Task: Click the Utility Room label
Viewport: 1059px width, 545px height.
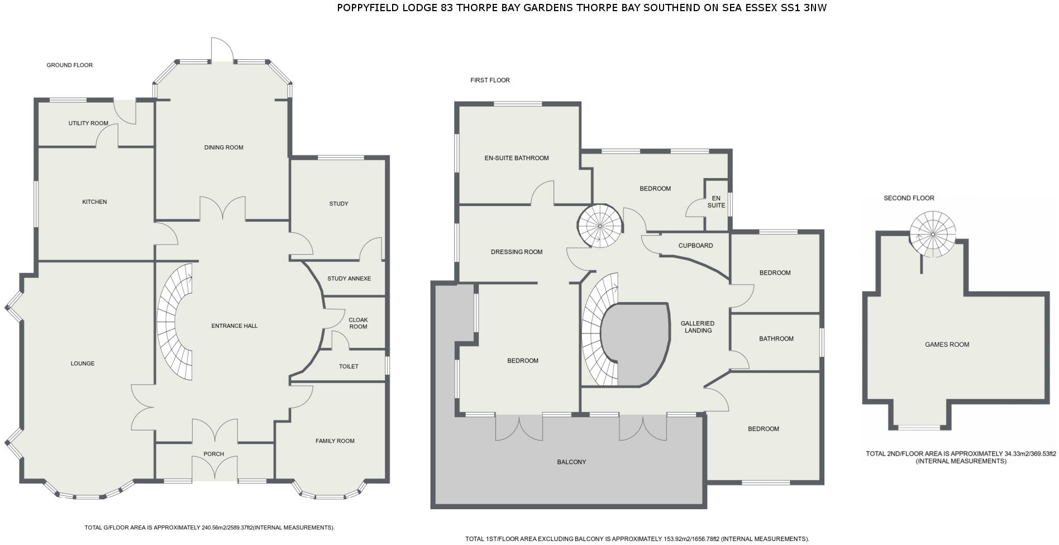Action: pyautogui.click(x=88, y=123)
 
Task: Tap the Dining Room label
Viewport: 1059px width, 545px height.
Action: pyautogui.click(x=223, y=147)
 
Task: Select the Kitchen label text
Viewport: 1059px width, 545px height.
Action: pyautogui.click(x=94, y=202)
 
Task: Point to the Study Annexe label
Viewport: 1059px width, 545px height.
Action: pyautogui.click(x=349, y=279)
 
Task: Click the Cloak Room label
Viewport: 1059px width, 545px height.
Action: pyautogui.click(x=358, y=323)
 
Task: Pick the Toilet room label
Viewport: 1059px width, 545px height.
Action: pyautogui.click(x=349, y=366)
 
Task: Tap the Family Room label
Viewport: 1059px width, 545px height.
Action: pyautogui.click(x=335, y=441)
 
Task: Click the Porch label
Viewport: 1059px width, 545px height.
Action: pyautogui.click(x=214, y=454)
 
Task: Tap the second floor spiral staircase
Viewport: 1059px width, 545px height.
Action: pyautogui.click(x=932, y=233)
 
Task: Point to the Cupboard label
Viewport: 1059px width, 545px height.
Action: pyautogui.click(x=695, y=246)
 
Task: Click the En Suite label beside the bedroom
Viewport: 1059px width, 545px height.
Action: pyautogui.click(x=716, y=202)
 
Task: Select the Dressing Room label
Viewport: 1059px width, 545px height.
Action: pyautogui.click(x=517, y=252)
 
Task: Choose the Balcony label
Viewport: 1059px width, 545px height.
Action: pyautogui.click(x=571, y=462)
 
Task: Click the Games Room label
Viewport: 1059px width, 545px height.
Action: pyautogui.click(x=947, y=345)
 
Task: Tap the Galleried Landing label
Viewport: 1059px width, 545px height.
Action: pyautogui.click(x=698, y=327)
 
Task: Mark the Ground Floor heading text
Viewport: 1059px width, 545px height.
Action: pyautogui.click(x=69, y=65)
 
